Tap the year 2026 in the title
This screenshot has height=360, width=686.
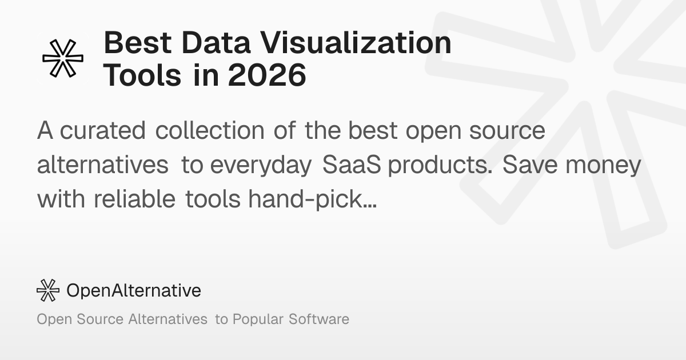pos(267,76)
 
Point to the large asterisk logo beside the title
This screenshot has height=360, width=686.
pos(63,58)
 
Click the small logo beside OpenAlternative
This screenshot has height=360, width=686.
pos(48,290)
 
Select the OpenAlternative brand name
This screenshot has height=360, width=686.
pos(134,290)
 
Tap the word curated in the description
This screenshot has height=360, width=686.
pos(103,131)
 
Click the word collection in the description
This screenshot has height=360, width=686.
pos(210,131)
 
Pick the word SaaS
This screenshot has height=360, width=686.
pos(353,165)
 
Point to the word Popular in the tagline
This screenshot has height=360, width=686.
pos(257,319)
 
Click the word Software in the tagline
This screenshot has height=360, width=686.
pos(319,319)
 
